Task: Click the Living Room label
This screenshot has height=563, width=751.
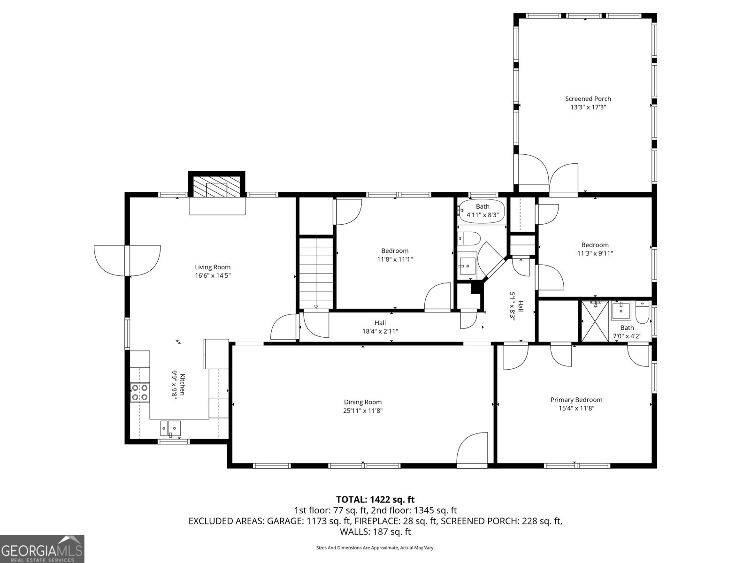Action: point(213,267)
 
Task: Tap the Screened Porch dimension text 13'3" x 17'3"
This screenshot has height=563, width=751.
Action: point(588,107)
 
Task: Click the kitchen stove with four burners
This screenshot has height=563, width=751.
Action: point(140,392)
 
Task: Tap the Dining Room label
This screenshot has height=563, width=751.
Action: point(363,402)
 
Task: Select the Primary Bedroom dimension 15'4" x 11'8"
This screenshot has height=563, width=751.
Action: point(576,408)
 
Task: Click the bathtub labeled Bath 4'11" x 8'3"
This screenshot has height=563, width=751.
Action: point(482,211)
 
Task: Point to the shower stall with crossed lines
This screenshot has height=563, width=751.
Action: point(595,321)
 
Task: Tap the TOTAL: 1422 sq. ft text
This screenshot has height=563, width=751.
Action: point(375,500)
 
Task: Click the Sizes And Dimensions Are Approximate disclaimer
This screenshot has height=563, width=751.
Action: point(375,548)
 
